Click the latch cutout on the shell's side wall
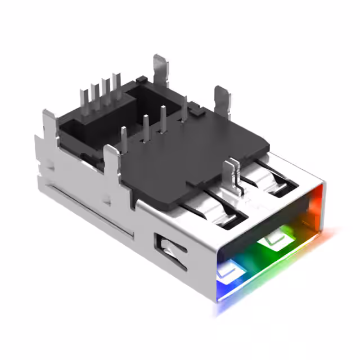pyautogui.click(x=170, y=250)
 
